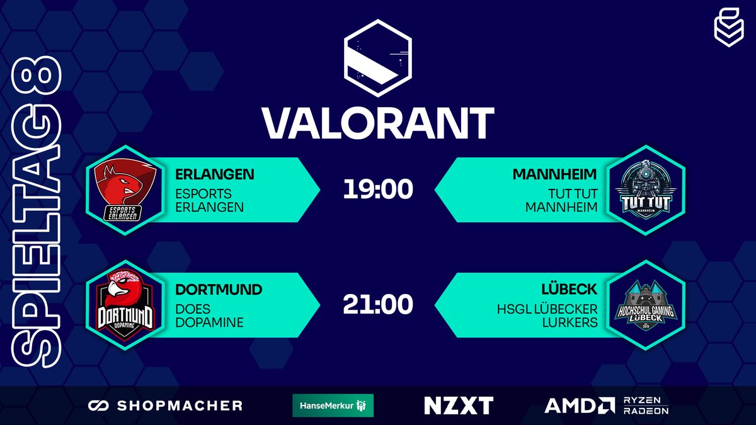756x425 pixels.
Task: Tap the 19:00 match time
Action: click(x=378, y=190)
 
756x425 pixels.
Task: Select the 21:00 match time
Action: click(x=378, y=305)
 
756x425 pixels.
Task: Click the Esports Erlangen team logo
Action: click(x=123, y=190)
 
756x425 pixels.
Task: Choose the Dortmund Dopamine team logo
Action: click(x=123, y=305)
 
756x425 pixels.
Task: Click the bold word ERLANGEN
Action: click(x=216, y=174)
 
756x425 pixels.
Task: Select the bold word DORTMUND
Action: click(x=219, y=290)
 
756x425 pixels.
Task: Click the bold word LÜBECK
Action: click(x=569, y=290)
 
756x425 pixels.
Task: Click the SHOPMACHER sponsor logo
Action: click(x=166, y=405)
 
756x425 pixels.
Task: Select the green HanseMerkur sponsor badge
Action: click(x=333, y=405)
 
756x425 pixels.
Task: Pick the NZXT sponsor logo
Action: click(x=459, y=405)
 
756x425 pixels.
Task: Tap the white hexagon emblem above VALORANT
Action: click(x=378, y=58)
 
